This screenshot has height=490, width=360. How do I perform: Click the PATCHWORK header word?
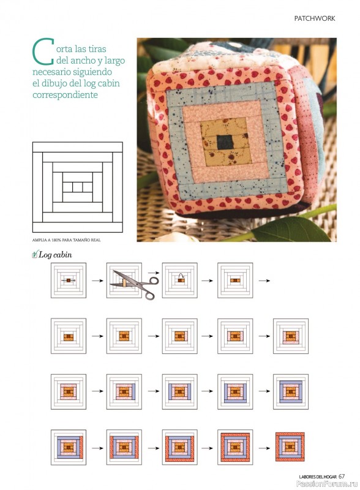click(314, 18)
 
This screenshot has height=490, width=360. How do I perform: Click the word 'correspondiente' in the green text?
click(65, 95)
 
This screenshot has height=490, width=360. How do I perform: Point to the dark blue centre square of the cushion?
click(224, 142)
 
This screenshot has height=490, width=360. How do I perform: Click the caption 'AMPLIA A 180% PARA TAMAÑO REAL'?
click(66, 240)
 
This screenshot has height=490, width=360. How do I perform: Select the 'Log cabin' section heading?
click(55, 255)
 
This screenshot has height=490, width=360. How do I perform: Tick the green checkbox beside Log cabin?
click(35, 255)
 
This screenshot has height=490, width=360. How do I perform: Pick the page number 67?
click(341, 477)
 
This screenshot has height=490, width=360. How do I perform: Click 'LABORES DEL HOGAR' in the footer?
click(318, 477)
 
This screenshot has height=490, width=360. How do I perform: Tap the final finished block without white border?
click(290, 447)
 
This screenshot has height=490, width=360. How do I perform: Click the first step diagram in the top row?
click(69, 281)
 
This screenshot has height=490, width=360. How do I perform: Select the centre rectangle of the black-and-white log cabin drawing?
click(78, 187)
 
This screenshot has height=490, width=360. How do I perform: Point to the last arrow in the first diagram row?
click(264, 281)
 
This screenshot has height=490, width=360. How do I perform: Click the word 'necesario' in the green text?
click(52, 72)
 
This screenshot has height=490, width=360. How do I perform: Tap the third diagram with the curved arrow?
click(179, 281)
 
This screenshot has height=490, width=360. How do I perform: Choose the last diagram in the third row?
click(291, 391)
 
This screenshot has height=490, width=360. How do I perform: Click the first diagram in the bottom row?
click(69, 447)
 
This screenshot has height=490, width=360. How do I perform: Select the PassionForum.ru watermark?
click(327, 484)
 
